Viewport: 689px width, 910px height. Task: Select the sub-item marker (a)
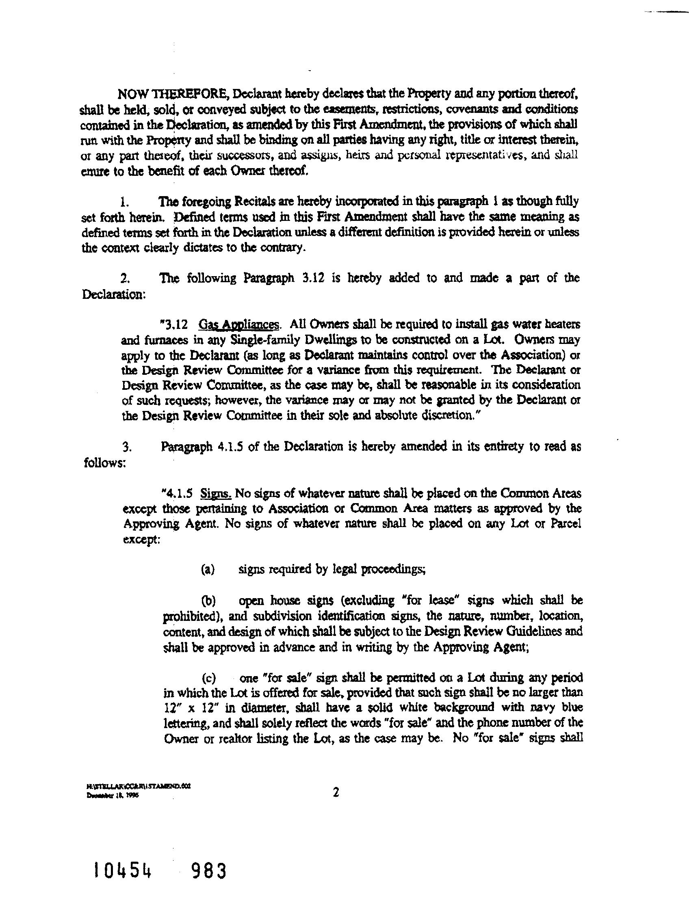click(x=208, y=570)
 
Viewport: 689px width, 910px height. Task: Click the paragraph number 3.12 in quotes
click(x=177, y=325)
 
